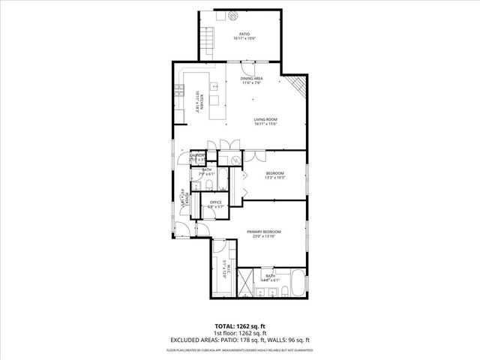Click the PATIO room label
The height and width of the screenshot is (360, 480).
click(x=244, y=34)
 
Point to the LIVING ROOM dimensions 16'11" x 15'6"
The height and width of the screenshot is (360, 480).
click(x=265, y=124)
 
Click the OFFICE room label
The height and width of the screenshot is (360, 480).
click(x=216, y=202)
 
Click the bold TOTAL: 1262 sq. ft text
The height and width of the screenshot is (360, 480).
click(x=239, y=327)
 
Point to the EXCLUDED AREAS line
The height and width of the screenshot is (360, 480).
click(x=239, y=339)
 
